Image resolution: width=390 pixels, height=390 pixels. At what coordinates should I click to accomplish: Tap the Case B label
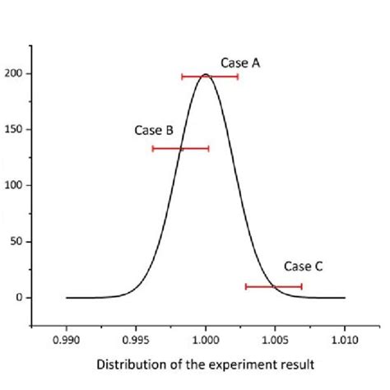(x=154, y=131)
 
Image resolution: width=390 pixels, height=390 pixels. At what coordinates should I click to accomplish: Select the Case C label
(x=303, y=266)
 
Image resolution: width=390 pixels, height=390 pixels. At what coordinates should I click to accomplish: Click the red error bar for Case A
(x=210, y=77)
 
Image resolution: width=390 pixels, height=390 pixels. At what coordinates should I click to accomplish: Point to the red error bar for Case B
(x=180, y=148)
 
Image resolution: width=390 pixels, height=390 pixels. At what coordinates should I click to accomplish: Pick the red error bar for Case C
(x=274, y=286)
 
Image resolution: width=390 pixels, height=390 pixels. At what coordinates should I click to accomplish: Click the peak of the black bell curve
(x=206, y=75)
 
